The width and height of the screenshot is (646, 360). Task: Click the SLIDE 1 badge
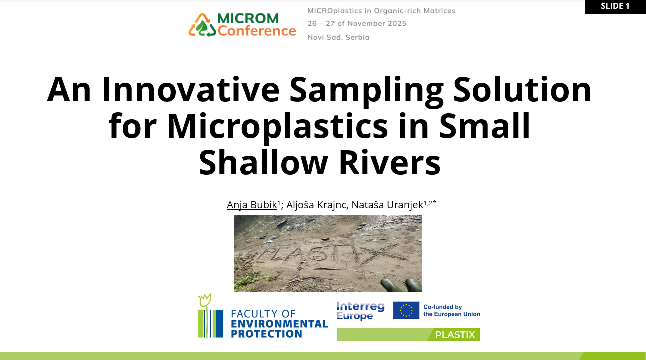tap(615, 6)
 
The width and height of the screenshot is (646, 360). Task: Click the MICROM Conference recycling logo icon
tap(202, 25)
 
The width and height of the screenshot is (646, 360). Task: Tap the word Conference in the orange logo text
tap(257, 31)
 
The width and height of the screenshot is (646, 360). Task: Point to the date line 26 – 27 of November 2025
tap(357, 23)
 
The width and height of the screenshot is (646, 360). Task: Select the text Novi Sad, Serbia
tap(338, 37)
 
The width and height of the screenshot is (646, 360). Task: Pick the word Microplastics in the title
tap(277, 126)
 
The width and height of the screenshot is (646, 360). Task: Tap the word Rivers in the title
tap(390, 162)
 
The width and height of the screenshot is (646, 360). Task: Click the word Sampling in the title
tap(366, 91)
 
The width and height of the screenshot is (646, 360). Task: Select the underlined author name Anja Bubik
tap(252, 204)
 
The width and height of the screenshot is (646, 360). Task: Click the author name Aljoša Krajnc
tap(317, 204)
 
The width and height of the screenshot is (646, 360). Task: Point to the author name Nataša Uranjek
tap(387, 204)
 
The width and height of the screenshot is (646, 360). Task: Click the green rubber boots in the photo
tap(401, 285)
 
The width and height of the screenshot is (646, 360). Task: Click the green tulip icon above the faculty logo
tap(205, 300)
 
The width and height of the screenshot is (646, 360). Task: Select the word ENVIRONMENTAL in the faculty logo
tap(279, 324)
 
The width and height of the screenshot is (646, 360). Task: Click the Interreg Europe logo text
tap(360, 311)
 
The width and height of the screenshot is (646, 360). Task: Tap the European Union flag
tap(406, 310)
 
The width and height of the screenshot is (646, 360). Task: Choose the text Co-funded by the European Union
tap(452, 310)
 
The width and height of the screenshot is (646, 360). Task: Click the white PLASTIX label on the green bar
tap(455, 335)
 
